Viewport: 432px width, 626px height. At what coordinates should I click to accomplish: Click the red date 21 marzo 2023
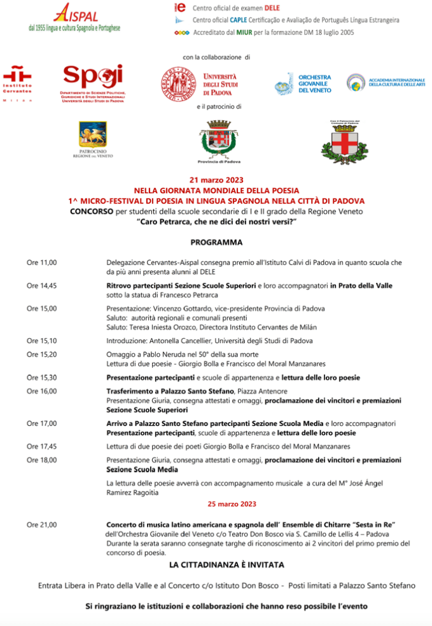click(x=216, y=180)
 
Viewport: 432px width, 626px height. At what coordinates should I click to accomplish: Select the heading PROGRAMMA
click(x=216, y=242)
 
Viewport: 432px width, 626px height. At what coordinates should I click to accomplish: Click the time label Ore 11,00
click(x=41, y=262)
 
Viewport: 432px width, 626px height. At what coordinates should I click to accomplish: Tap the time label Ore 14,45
click(x=41, y=286)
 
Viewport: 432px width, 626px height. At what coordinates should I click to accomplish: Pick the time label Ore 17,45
click(x=41, y=446)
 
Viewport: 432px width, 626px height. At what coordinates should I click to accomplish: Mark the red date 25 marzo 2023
click(x=232, y=504)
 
